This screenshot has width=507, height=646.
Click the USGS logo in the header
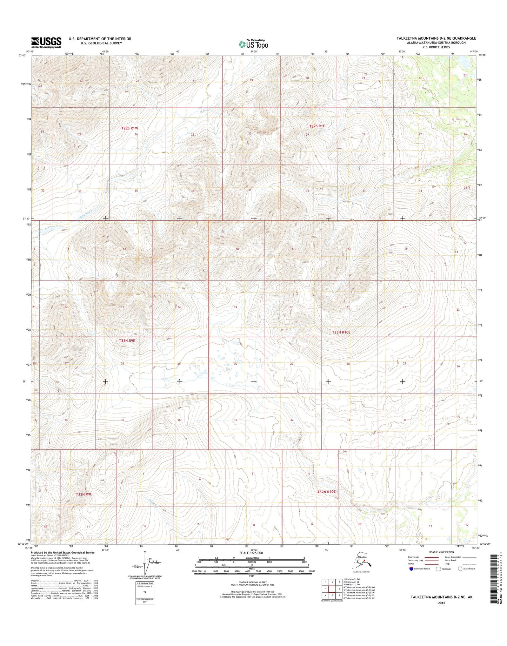tap(46, 42)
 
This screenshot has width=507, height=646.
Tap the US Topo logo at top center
tap(253, 44)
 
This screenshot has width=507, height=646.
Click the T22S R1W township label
tap(130, 128)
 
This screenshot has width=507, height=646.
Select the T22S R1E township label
tap(317, 126)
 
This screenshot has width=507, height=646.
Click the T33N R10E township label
tap(341, 332)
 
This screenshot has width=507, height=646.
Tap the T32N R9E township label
tap(84, 494)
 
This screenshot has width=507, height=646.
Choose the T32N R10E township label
tap(326, 492)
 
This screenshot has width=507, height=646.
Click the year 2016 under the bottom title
tap(441, 603)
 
